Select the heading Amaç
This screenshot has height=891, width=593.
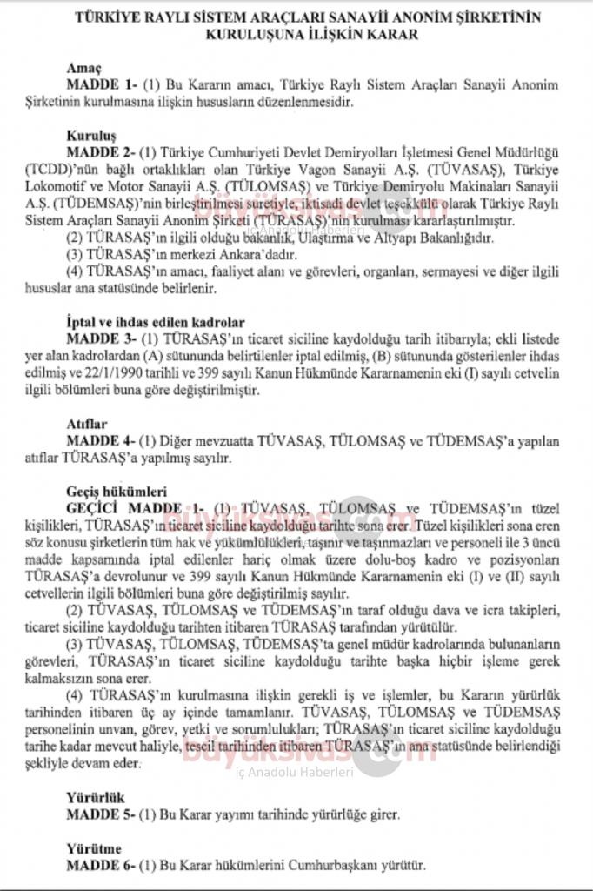[84, 69]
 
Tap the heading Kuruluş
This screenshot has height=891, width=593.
[91, 136]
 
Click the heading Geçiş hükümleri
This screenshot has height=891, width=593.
[117, 491]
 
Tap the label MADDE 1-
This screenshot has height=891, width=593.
[102, 84]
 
